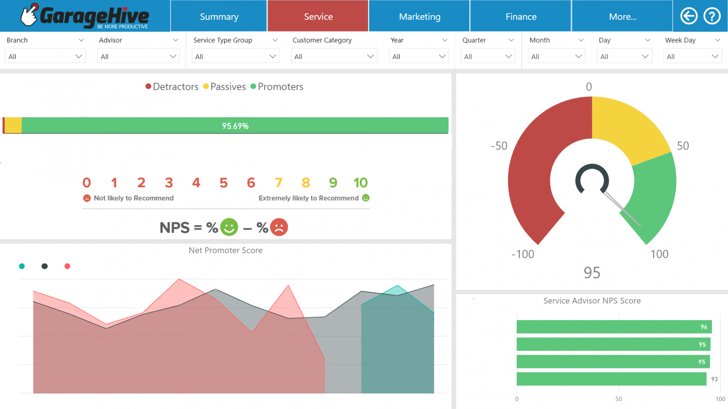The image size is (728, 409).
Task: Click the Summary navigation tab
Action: coord(219,17)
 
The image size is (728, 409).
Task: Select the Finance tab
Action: coord(521,17)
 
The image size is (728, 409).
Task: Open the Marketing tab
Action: coord(419,17)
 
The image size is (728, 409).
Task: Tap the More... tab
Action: coord(622,17)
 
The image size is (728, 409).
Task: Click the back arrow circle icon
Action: coord(689,16)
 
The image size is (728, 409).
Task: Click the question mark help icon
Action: coord(712,16)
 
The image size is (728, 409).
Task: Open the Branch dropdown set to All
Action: coord(45,56)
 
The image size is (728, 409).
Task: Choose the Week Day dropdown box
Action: coord(692,56)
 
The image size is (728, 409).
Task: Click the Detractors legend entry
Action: coord(172,87)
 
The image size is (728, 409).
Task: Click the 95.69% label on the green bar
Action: coord(235,126)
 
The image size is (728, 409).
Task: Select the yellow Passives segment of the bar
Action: coord(13,125)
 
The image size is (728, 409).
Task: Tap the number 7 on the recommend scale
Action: coord(278,183)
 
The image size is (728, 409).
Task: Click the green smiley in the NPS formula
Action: coord(229,227)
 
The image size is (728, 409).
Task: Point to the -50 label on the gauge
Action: coord(499,146)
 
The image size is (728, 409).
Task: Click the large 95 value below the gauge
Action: coord(591,273)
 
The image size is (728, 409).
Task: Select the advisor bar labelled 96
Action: coord(613,327)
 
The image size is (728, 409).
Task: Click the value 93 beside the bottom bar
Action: coord(714,379)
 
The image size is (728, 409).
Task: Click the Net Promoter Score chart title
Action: coord(225,250)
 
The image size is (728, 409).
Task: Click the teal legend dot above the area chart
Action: coord(22,266)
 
